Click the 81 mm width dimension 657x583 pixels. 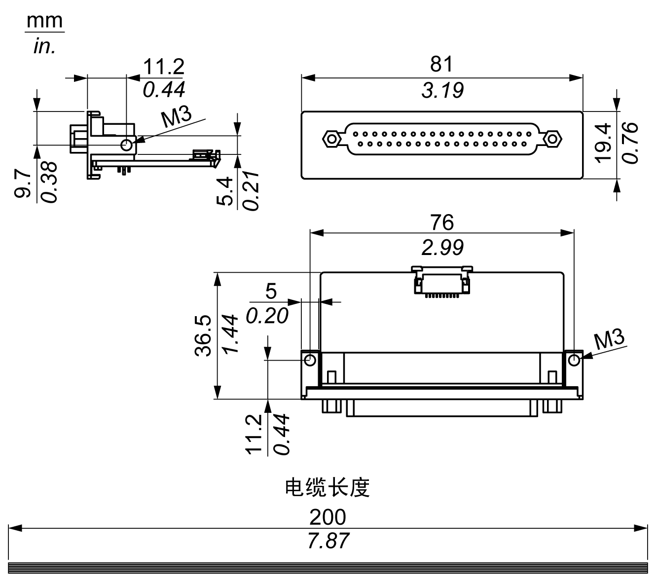point(441,64)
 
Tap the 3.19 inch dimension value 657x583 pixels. point(442,91)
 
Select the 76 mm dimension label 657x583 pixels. point(441,222)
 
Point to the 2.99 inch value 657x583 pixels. point(442,248)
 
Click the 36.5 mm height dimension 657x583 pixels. point(203,335)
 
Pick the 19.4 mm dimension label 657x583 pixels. point(603,143)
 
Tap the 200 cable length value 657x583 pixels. point(328,517)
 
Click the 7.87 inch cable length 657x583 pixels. point(328,541)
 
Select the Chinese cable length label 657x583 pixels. point(328,487)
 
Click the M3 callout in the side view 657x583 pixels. point(176,118)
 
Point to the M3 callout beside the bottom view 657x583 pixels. point(609,340)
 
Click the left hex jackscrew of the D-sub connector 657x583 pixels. point(331,139)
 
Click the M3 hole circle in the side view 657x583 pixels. point(127,145)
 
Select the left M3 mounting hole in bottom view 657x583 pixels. point(310,360)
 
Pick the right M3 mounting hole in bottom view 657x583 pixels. point(573,360)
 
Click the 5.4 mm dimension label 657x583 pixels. point(224,192)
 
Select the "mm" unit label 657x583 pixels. point(45,21)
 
